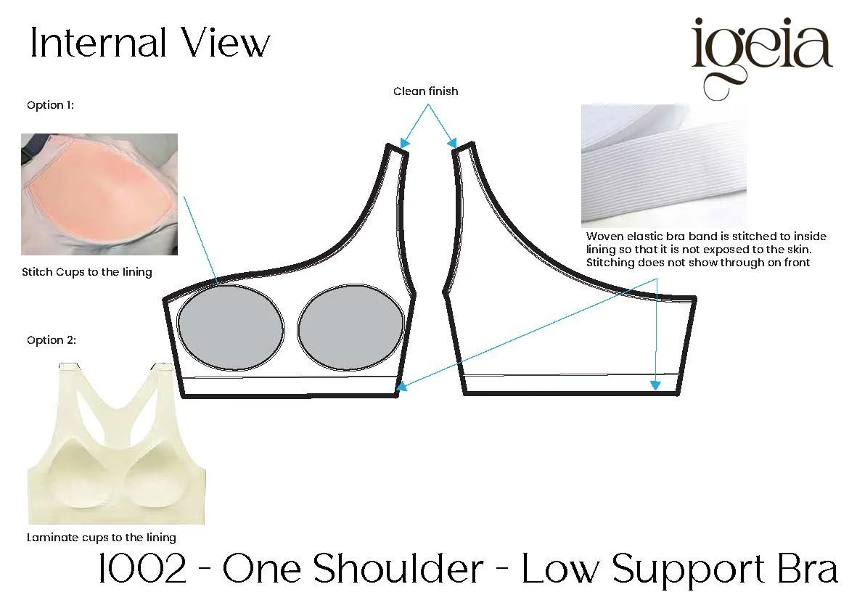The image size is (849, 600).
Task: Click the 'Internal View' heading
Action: tap(149, 42)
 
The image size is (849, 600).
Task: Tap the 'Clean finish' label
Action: tap(425, 91)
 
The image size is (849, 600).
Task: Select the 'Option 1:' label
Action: tap(50, 105)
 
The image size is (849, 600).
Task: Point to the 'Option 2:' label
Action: tap(52, 340)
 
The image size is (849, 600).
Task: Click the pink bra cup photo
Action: tap(99, 194)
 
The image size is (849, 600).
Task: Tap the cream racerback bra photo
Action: tap(116, 443)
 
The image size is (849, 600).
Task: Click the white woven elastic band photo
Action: tap(664, 165)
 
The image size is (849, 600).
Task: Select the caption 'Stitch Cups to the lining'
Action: tap(86, 272)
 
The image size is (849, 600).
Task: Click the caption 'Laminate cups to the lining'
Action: tap(102, 537)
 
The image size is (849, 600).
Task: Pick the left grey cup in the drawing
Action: tap(231, 328)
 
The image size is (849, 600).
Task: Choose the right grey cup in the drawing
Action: tap(351, 327)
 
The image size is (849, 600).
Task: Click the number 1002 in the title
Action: tap(142, 569)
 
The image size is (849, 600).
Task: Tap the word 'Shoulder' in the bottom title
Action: tap(398, 568)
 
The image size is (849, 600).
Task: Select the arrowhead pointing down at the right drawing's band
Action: tap(656, 385)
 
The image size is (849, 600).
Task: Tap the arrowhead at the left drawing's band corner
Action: tap(401, 386)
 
